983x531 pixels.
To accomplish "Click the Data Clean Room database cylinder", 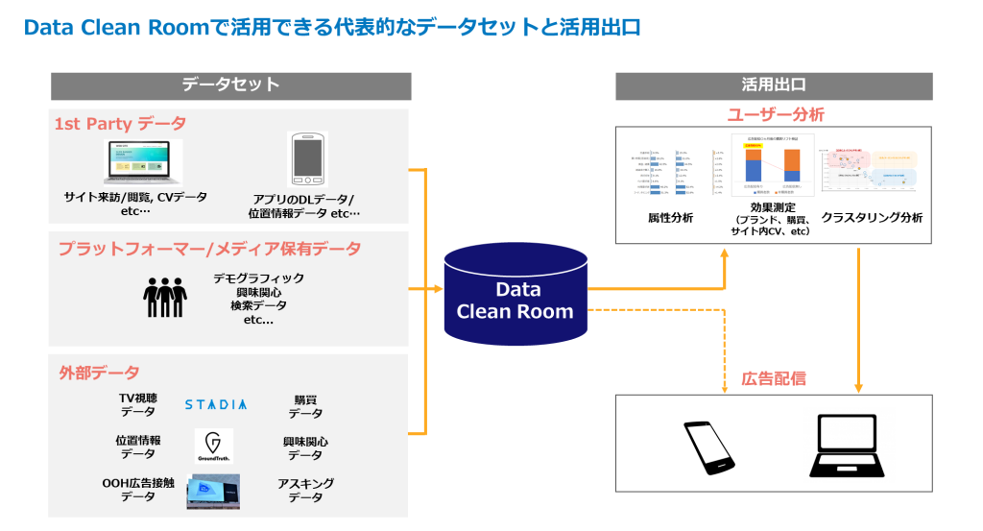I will pyautogui.click(x=515, y=299).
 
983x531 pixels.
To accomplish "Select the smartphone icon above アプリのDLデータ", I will pyautogui.click(x=307, y=159).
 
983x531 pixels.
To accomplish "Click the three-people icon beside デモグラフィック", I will pyautogui.click(x=164, y=297).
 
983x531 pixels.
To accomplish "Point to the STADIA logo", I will pyautogui.click(x=215, y=404).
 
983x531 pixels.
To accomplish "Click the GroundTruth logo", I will pyautogui.click(x=213, y=447).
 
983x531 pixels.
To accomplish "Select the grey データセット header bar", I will pyautogui.click(x=230, y=85).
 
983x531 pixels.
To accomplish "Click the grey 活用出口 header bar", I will pyautogui.click(x=774, y=85).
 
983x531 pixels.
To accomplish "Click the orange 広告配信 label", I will pyautogui.click(x=774, y=378).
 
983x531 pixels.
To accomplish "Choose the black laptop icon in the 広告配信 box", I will pyautogui.click(x=850, y=447).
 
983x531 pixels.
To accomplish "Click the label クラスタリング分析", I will pyautogui.click(x=872, y=218).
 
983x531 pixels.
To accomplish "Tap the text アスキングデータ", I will pyautogui.click(x=305, y=490).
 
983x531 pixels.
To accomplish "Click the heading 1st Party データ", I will pyautogui.click(x=120, y=124).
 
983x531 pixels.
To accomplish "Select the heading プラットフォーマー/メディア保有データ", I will pyautogui.click(x=209, y=249).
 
